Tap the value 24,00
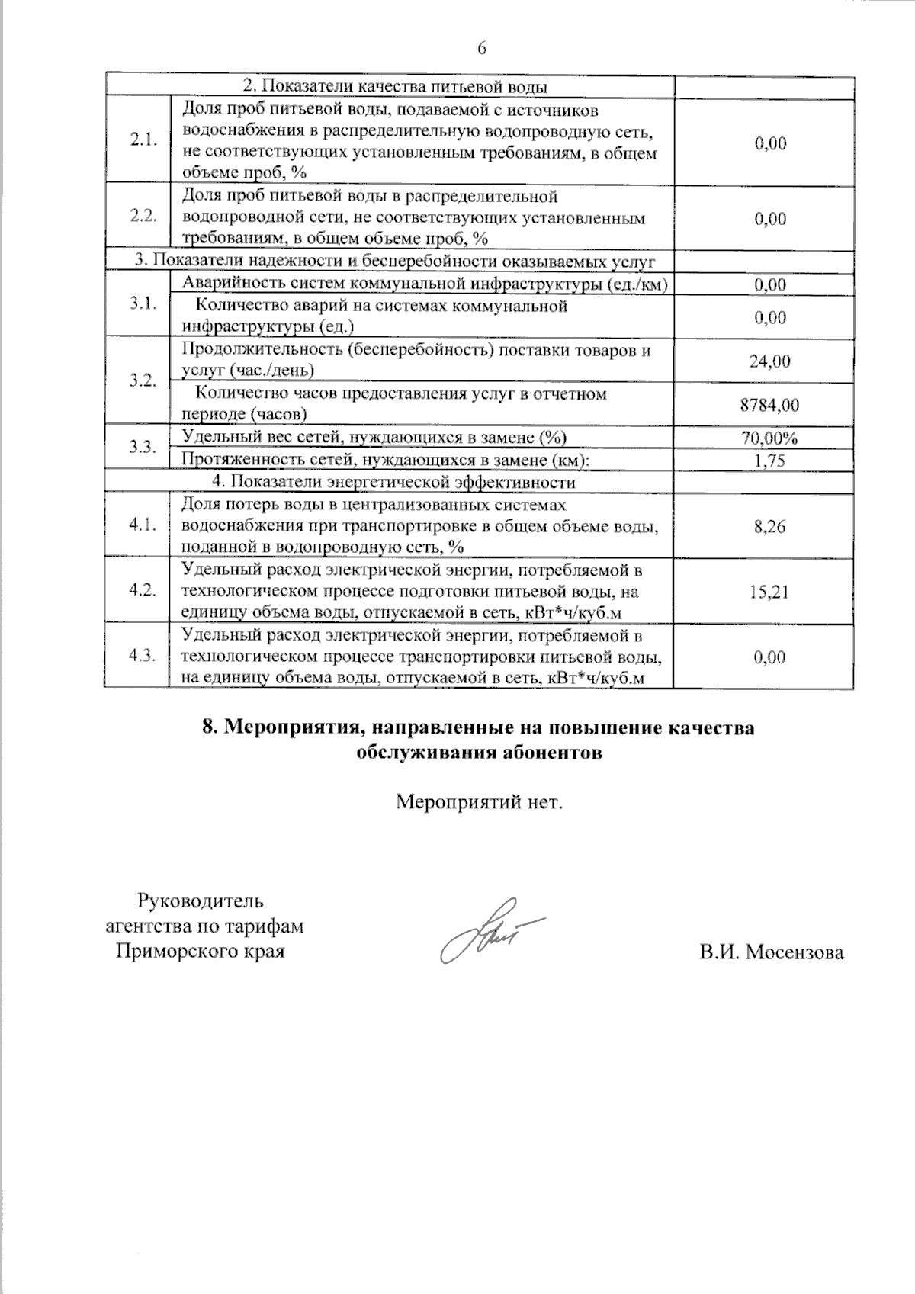pyautogui.click(x=769, y=361)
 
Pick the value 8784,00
pyautogui.click(x=769, y=405)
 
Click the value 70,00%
pyautogui.click(x=769, y=438)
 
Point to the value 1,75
pyautogui.click(x=769, y=461)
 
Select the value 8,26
pyautogui.click(x=769, y=526)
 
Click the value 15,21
pyautogui.click(x=769, y=591)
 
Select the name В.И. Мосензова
pyautogui.click(x=772, y=952)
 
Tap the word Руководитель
pyautogui.click(x=201, y=901)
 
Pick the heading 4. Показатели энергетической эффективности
pyautogui.click(x=393, y=482)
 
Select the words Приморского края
pyautogui.click(x=200, y=952)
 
